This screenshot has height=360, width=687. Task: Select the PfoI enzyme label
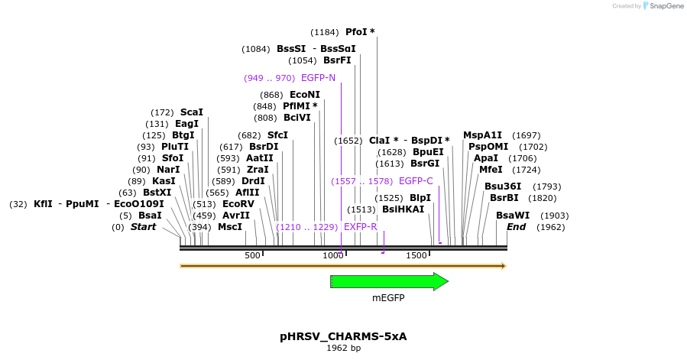[356, 32]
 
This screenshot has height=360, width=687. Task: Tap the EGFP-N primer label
[318, 78]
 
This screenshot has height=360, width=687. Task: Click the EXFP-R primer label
[360, 227]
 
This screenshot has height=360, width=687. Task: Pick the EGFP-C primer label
[416, 181]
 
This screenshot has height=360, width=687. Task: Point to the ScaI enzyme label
[191, 112]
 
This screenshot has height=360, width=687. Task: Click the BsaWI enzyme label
[513, 216]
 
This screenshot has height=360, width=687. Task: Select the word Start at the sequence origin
[143, 227]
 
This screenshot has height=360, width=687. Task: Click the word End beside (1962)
[516, 227]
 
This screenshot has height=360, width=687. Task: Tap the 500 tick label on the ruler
[252, 255]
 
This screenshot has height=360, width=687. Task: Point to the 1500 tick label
[416, 255]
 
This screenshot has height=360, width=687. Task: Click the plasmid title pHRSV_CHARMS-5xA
[343, 336]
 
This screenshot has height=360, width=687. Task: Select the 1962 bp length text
[343, 349]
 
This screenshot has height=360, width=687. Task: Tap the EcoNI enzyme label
[305, 95]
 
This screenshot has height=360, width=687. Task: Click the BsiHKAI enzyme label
[403, 209]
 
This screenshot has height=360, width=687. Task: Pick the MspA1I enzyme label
[482, 135]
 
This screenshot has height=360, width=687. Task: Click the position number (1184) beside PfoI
[326, 32]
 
